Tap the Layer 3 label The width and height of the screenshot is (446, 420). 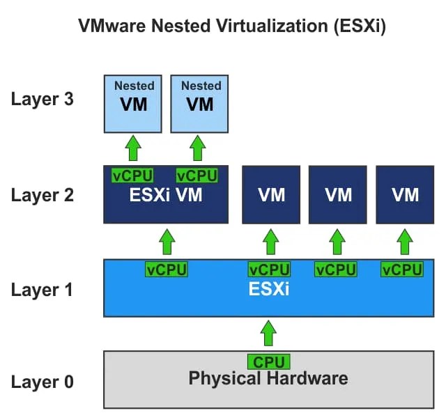[x=42, y=99]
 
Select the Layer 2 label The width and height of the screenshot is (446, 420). [x=42, y=194]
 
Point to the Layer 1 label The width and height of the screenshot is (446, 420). [x=42, y=289]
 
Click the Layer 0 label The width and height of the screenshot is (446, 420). [x=42, y=382]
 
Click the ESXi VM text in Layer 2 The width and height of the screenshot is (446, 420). [x=166, y=195]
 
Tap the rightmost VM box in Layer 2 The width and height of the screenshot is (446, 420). [x=405, y=194]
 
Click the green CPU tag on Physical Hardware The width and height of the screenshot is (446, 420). [x=268, y=362]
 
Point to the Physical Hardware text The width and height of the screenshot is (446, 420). [x=268, y=380]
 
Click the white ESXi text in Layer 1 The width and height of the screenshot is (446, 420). [x=269, y=288]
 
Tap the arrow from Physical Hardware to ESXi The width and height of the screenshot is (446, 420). [x=268, y=334]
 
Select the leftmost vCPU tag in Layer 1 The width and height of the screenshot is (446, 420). [x=167, y=270]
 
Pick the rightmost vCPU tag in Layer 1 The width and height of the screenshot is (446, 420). [x=402, y=270]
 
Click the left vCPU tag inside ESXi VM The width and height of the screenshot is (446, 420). [x=132, y=176]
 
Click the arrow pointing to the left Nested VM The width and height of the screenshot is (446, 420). [x=133, y=148]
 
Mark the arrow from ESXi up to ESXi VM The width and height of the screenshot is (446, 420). [x=167, y=242]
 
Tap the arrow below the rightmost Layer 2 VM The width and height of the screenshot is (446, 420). [x=405, y=242]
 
